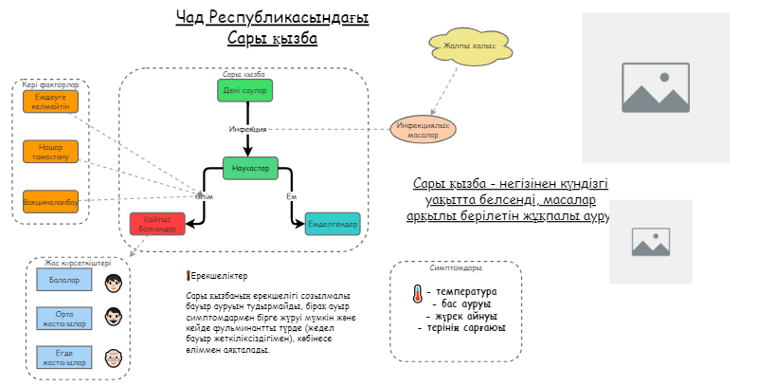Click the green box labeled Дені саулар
245,90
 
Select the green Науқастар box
250,168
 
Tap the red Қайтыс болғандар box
153,225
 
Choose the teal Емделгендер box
332,225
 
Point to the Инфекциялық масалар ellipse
424,129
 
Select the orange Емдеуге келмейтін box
51,101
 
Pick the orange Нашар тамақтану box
51,151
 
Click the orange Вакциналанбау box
51,201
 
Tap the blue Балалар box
64,281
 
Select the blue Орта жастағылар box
64,319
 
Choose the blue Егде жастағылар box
64,358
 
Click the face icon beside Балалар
115,282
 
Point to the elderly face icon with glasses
115,358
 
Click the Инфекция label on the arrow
247,128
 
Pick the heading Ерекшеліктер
219,276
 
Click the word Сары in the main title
245,39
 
